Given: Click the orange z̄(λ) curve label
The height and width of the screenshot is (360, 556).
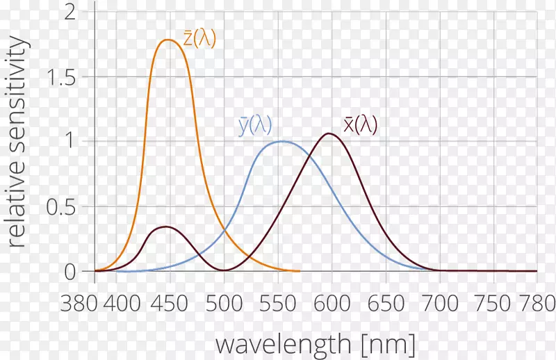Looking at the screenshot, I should [199, 39].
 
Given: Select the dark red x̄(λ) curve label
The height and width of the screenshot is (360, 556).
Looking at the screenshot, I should [360, 124].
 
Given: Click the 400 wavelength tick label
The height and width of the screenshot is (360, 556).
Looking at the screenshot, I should [126, 304].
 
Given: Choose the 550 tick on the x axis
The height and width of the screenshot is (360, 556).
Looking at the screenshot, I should [278, 304].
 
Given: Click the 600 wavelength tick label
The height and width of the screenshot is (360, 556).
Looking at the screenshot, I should [332, 304].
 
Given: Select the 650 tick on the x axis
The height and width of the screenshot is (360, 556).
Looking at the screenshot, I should [386, 304].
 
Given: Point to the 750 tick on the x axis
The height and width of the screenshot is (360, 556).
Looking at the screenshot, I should [496, 304].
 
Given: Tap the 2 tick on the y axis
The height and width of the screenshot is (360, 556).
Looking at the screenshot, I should [69, 13].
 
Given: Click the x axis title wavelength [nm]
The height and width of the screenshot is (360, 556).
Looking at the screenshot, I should [316, 343].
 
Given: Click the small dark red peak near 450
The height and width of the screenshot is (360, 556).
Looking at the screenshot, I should [165, 227].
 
